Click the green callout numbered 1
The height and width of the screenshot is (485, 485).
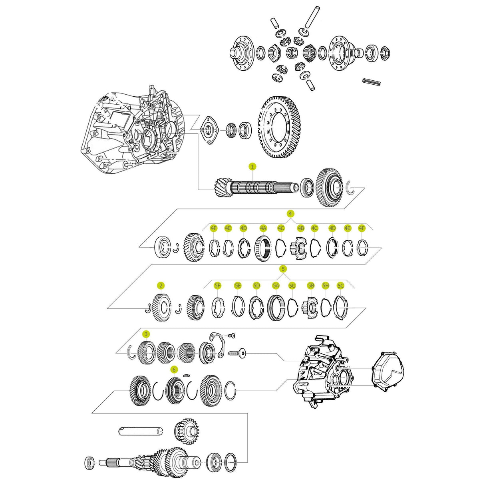(x=252, y=166)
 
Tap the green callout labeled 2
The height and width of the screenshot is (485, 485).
(x=161, y=285)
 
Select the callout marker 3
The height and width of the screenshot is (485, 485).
(x=146, y=334)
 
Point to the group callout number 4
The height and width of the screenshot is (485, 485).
(x=290, y=213)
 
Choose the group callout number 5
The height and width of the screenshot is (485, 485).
(x=283, y=268)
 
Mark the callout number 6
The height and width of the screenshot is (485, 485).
(x=173, y=369)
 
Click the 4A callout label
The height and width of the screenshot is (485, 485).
(x=263, y=228)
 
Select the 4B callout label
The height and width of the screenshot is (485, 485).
(x=301, y=228)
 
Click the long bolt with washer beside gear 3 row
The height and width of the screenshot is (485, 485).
(x=237, y=353)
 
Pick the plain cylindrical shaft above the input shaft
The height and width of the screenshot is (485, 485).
(x=141, y=431)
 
